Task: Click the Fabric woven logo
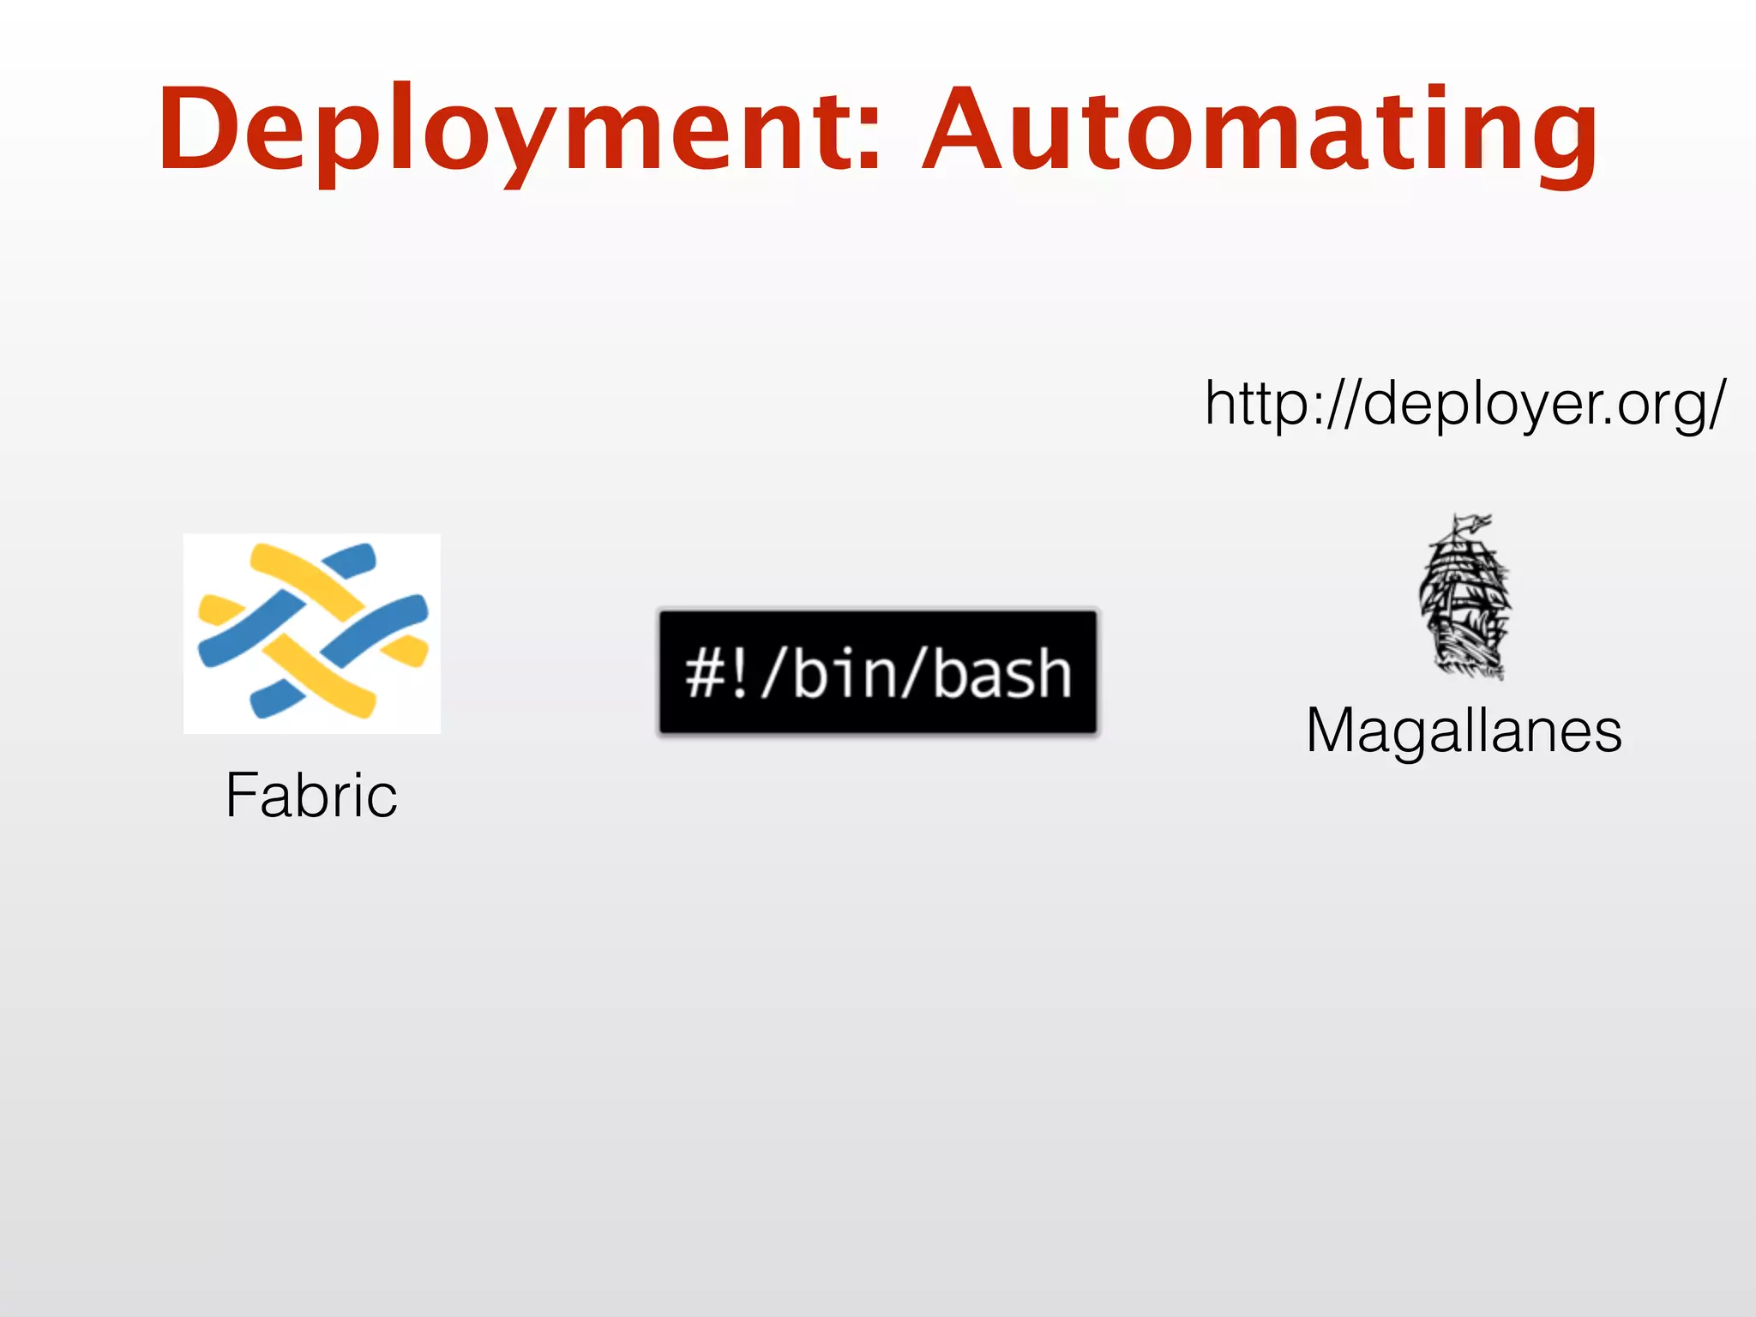312,633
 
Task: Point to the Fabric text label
311,795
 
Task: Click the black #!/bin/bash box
878,672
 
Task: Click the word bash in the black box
1001,674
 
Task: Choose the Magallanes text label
1464,731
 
